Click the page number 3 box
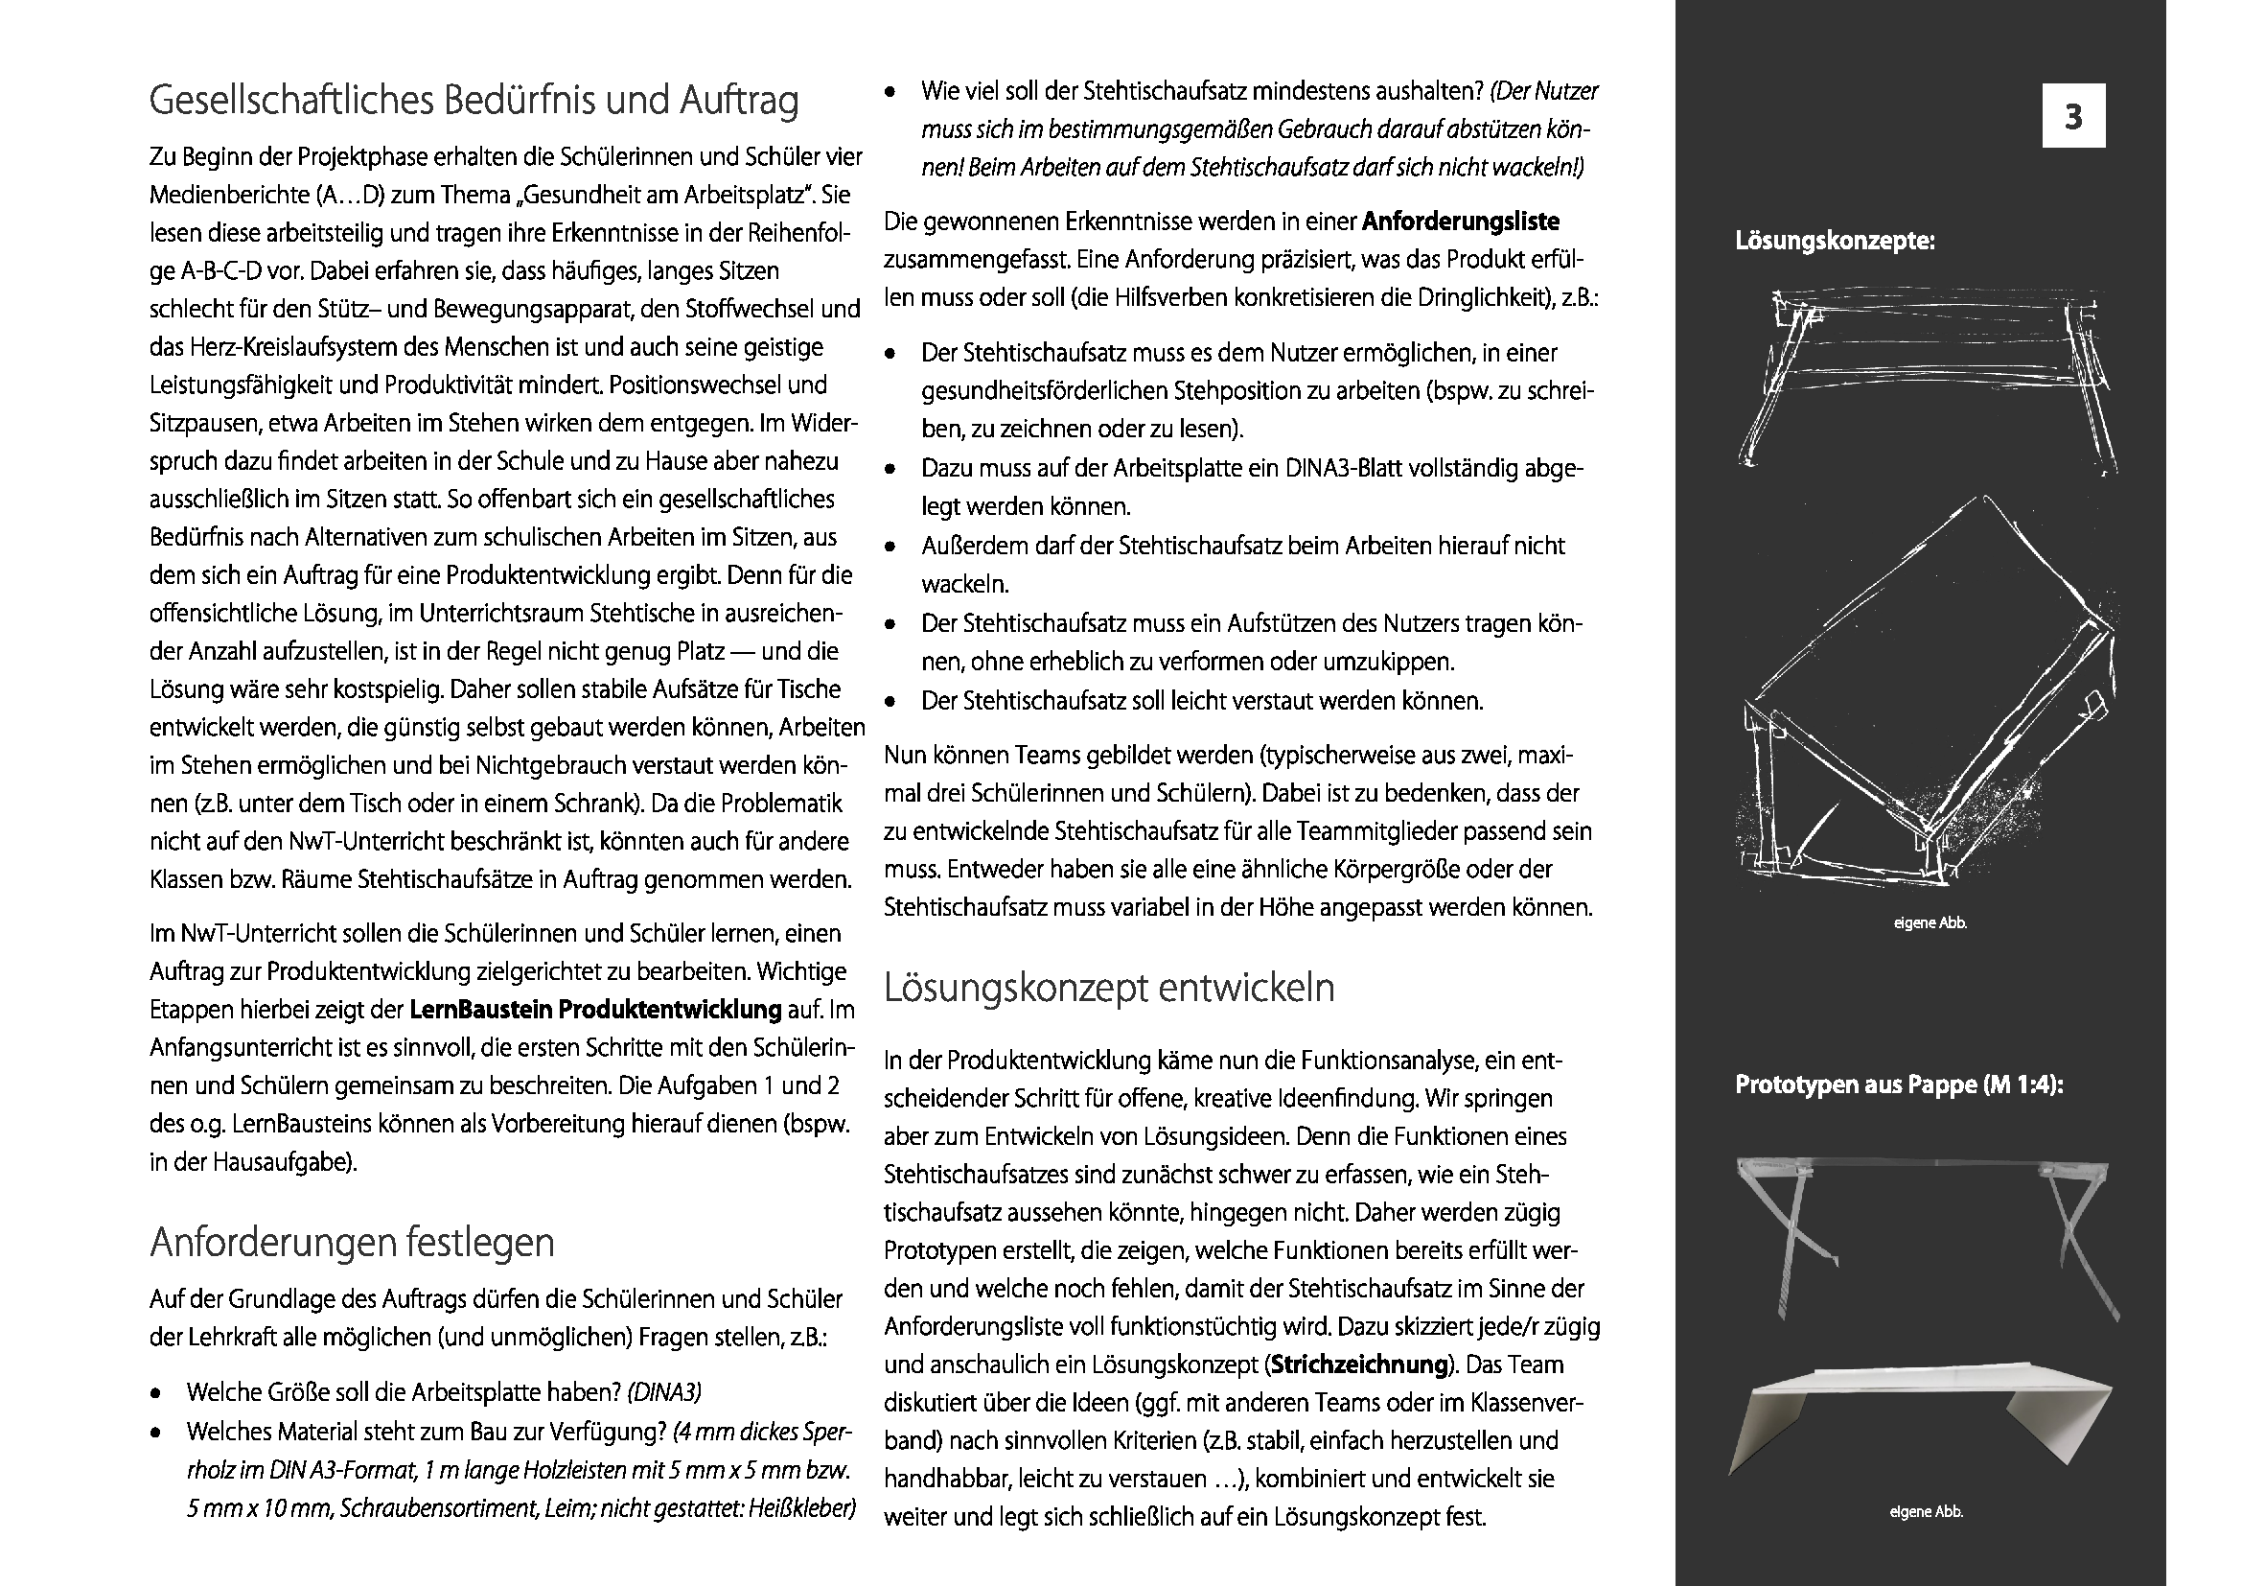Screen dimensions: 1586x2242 click(x=2073, y=116)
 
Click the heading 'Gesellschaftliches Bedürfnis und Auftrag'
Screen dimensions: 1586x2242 click(x=474, y=101)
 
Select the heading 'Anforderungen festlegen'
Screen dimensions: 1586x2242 click(x=352, y=1242)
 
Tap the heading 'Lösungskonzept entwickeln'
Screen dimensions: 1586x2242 click(x=1108, y=988)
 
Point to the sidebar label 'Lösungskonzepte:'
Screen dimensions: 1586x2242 click(x=1835, y=242)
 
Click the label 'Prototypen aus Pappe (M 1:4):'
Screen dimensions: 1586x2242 click(x=1899, y=1085)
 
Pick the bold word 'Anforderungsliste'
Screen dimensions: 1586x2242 click(x=1460, y=222)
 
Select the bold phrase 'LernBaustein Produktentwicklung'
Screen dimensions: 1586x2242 click(x=595, y=1009)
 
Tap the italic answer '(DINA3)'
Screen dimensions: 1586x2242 click(x=664, y=1391)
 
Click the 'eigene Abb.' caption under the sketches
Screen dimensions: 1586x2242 click(x=1930, y=922)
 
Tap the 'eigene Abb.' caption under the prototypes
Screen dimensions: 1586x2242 click(x=1926, y=1512)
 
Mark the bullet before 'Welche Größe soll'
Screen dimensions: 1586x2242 click(x=156, y=1393)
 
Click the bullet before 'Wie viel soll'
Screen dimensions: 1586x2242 click(x=890, y=93)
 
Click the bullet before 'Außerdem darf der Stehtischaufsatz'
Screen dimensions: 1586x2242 click(x=890, y=547)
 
